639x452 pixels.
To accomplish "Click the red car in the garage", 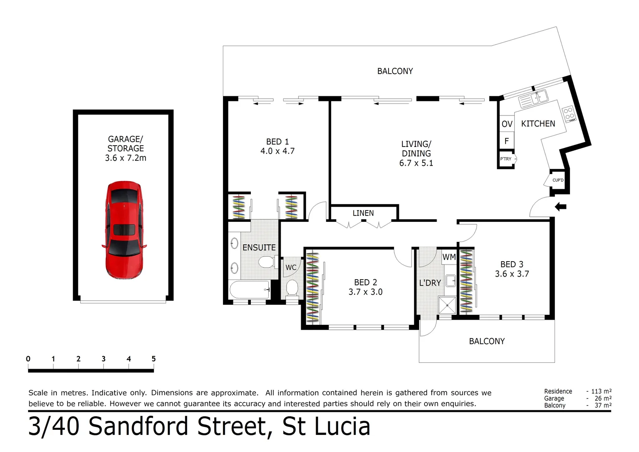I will point(124,230).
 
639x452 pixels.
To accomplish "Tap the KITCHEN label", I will point(538,123).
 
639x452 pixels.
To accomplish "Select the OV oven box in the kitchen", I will point(506,124).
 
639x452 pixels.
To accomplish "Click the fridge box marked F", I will point(506,141).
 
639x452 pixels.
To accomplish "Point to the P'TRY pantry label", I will point(506,159).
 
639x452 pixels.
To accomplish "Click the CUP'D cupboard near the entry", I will point(558,180).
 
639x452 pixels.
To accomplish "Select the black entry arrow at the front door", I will point(560,206).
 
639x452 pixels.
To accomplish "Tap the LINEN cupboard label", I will point(363,213).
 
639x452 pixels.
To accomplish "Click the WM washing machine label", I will point(449,257).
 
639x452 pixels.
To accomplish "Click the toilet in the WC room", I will point(292,288).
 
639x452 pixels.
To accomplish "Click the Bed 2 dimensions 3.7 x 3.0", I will point(365,292).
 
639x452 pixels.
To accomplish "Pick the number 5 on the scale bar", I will point(153,359).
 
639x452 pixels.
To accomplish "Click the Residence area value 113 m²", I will point(601,391).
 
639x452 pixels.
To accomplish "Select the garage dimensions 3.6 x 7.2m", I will point(125,158).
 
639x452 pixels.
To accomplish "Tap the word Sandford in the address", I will point(141,426).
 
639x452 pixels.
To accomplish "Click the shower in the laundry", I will point(447,305).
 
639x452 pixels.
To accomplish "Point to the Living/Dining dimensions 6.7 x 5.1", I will point(416,163).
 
